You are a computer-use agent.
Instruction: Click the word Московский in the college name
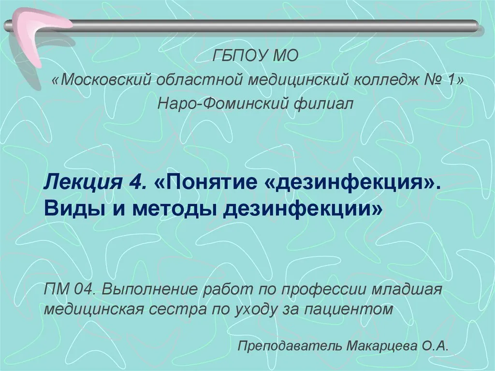tap(106, 80)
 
